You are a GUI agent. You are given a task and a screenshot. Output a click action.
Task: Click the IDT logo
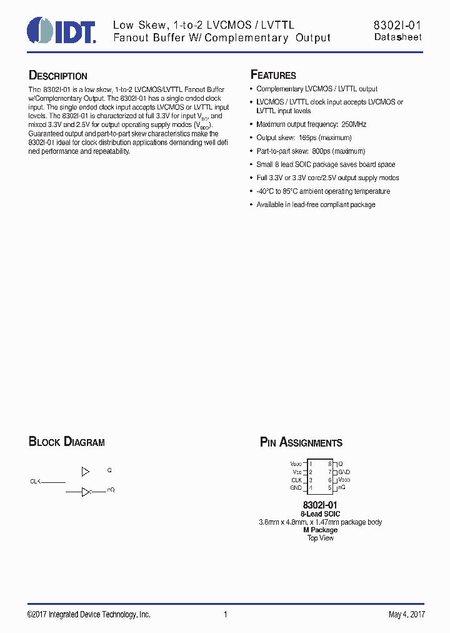click(x=61, y=30)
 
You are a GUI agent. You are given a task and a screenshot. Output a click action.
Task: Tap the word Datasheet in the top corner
click(x=398, y=38)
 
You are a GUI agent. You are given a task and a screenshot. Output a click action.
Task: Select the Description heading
click(x=58, y=76)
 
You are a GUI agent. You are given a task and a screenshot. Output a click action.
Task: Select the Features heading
click(x=273, y=75)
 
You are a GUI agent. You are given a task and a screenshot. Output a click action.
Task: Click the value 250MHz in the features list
click(x=354, y=124)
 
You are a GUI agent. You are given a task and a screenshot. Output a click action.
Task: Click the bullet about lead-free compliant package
click(x=316, y=205)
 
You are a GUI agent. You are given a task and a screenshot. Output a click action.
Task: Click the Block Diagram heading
click(x=67, y=442)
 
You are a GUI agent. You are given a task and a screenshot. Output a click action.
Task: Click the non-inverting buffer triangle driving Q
click(x=86, y=471)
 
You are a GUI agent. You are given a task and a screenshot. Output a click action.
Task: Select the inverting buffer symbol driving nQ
click(x=87, y=492)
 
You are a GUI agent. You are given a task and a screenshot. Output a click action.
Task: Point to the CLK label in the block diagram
click(x=35, y=482)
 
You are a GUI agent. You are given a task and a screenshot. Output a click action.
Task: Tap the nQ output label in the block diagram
click(x=111, y=490)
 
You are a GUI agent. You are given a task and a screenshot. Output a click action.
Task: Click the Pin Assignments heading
click(x=301, y=443)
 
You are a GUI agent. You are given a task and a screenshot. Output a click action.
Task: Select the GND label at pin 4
click(x=296, y=488)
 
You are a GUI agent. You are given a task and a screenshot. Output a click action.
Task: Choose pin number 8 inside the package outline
click(x=329, y=464)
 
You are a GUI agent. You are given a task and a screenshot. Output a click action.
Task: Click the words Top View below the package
click(x=321, y=538)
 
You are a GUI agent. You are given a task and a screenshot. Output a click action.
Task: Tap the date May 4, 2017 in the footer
click(x=406, y=615)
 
